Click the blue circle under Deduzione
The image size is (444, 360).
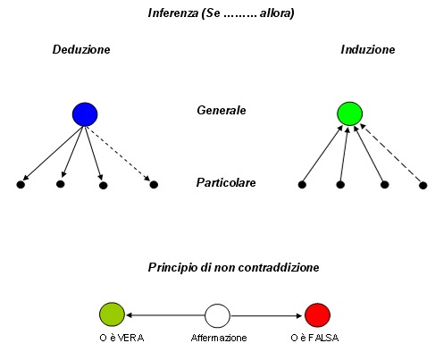(x=85, y=114)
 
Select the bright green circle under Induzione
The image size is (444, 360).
(x=350, y=113)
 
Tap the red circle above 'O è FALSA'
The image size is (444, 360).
(x=318, y=315)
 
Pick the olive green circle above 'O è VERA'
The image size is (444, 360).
(x=112, y=314)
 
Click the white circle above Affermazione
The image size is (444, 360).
(x=217, y=315)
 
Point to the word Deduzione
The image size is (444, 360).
(x=81, y=49)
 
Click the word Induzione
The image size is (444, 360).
(x=368, y=49)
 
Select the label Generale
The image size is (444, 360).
(x=222, y=111)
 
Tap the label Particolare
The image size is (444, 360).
(x=226, y=182)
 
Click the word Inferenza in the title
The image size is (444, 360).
(x=173, y=13)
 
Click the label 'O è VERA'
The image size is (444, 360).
(x=121, y=338)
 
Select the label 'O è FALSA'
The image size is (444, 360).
(x=314, y=338)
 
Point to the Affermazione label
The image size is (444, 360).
(x=219, y=338)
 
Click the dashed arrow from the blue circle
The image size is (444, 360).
(x=118, y=154)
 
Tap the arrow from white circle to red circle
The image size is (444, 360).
(x=266, y=315)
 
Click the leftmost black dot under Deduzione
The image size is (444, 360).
(x=21, y=185)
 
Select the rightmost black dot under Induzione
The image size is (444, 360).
(x=423, y=186)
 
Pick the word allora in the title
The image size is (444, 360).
(x=277, y=13)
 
